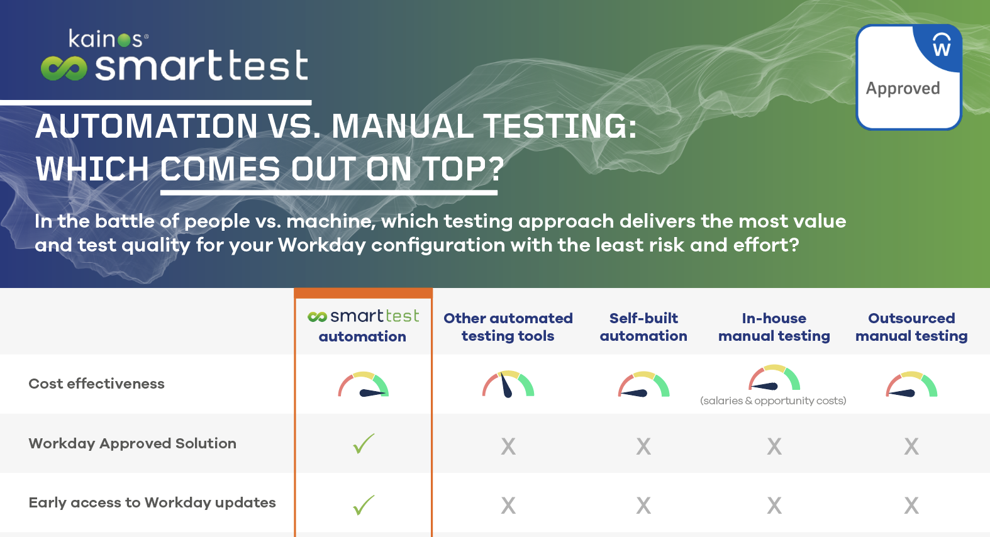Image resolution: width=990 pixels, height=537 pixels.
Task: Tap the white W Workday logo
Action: point(942,45)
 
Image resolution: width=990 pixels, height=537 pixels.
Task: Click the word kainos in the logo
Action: point(105,39)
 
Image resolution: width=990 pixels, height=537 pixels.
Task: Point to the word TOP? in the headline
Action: point(462,169)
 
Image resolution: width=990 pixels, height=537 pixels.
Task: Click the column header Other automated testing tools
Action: point(508,327)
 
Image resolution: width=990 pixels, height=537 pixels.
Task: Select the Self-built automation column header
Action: point(643,327)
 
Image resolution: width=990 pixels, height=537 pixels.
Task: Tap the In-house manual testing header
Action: point(774,327)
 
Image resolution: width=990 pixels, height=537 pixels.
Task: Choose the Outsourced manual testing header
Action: point(911,327)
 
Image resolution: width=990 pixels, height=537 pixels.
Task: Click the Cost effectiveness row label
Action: point(96,384)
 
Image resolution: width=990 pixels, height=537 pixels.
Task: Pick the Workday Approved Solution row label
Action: point(132,443)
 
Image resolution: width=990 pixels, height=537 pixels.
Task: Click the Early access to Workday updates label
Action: point(152,502)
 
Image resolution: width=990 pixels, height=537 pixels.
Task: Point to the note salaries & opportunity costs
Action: point(773,401)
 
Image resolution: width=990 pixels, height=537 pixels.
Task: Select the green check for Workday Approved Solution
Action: point(364,444)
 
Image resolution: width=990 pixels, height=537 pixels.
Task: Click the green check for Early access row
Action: point(364,504)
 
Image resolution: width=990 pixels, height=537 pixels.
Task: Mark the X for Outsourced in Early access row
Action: point(911,505)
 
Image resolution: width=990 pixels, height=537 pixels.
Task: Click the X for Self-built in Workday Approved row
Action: point(643,446)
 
